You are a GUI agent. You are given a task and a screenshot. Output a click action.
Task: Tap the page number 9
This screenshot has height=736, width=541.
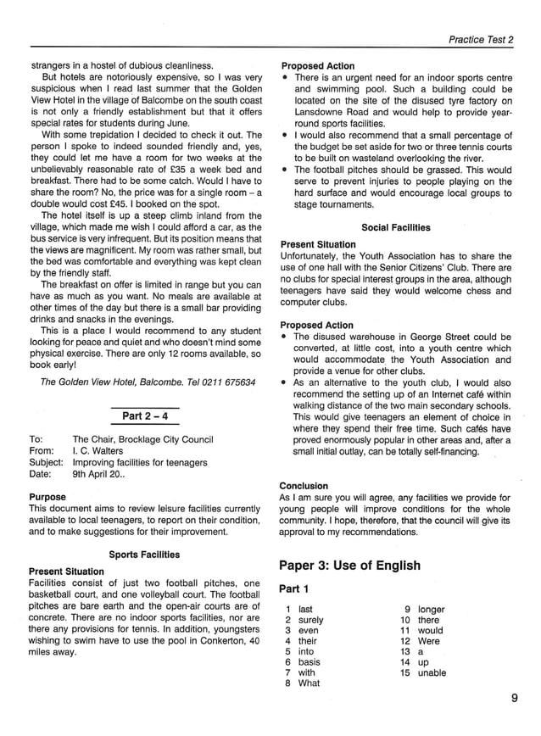point(514,699)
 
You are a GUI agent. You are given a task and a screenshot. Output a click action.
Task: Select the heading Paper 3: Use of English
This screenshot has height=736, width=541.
point(349,566)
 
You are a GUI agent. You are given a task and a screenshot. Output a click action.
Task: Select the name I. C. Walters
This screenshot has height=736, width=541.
point(98,451)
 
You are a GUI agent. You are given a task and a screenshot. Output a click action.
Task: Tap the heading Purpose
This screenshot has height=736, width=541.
point(47,497)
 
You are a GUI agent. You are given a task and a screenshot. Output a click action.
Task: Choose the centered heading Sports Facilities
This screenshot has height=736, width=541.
point(144,555)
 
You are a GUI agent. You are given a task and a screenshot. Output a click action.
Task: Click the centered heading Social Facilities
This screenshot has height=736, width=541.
point(396,227)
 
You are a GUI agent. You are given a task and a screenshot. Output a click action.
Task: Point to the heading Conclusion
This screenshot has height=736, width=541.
point(304,486)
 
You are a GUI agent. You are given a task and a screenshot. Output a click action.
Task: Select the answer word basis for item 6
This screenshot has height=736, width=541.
point(310,661)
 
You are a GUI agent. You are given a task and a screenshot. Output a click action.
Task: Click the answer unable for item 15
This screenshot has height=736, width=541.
point(432,672)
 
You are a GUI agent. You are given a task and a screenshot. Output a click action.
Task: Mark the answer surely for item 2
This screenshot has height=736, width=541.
point(311,620)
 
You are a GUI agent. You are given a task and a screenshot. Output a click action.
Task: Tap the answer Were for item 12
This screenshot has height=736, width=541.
point(429,641)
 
